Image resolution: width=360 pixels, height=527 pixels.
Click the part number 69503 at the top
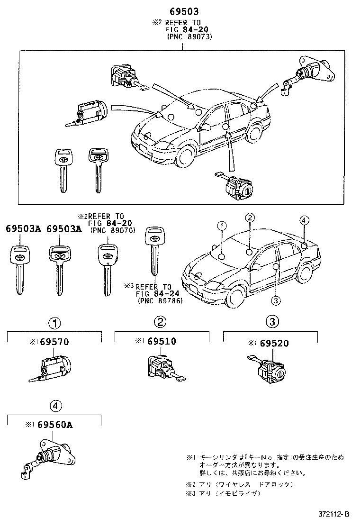click(182, 11)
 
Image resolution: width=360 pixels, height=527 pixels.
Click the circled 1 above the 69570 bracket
click(55, 323)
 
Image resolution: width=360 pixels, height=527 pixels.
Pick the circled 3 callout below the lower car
click(276, 300)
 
